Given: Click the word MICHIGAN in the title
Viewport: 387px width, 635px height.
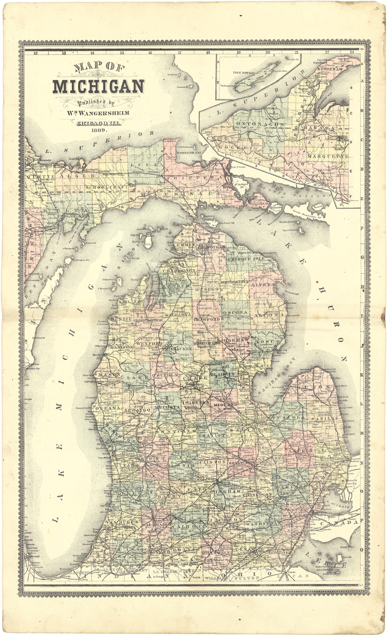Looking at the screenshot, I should click(98, 87).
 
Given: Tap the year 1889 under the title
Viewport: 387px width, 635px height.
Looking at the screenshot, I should click(99, 130).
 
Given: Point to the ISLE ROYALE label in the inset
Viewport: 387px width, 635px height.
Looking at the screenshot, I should click(243, 73).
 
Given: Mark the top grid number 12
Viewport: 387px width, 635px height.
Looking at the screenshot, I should click(35, 53).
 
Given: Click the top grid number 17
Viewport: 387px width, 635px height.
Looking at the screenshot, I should click(179, 53).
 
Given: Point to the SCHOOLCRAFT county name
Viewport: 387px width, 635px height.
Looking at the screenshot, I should click(106, 187).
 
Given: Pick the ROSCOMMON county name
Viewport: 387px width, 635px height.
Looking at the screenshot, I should click(207, 343).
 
